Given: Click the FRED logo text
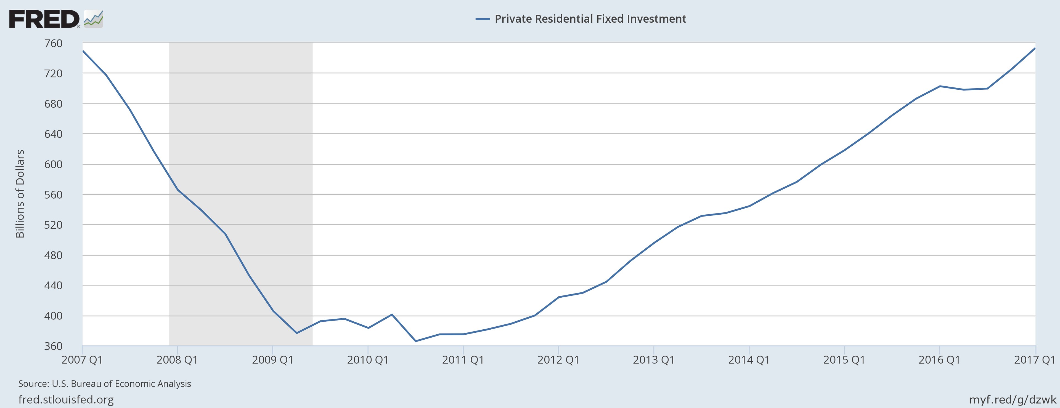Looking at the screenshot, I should (44, 19).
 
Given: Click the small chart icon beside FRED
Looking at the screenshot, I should (93, 19).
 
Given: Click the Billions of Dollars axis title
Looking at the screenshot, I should (20, 194).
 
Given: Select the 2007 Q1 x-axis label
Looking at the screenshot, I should (82, 360).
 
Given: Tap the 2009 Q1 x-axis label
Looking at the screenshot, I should (272, 360).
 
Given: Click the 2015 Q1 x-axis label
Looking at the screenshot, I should (844, 360).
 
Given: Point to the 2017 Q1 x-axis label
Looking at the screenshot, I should (1035, 360).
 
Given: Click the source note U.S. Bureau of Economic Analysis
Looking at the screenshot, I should (105, 384).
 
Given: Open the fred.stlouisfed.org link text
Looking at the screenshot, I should (66, 399).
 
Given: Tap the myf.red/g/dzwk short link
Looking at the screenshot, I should (1012, 399).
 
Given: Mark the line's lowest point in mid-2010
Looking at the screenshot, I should (416, 341).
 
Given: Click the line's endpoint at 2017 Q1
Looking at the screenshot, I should (1035, 48).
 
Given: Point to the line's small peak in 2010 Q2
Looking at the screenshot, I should (392, 315).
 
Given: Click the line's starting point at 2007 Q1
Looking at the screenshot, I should (83, 51).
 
